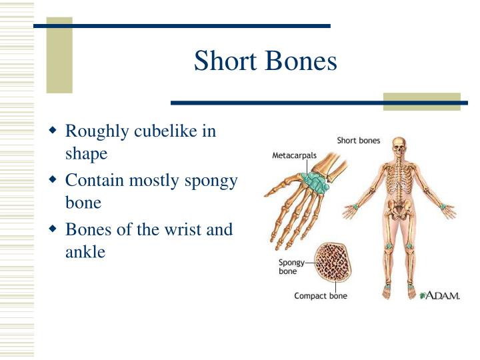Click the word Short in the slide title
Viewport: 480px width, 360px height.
(x=225, y=61)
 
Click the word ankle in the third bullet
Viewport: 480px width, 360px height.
(x=85, y=253)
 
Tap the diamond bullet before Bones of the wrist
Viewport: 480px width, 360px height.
(x=54, y=229)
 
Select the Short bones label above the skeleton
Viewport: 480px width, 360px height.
(x=358, y=141)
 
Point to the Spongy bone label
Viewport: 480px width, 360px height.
(x=291, y=267)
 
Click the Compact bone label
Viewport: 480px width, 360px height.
(x=321, y=295)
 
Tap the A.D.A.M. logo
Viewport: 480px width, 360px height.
(x=439, y=295)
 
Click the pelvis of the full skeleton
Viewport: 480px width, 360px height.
(x=399, y=211)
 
